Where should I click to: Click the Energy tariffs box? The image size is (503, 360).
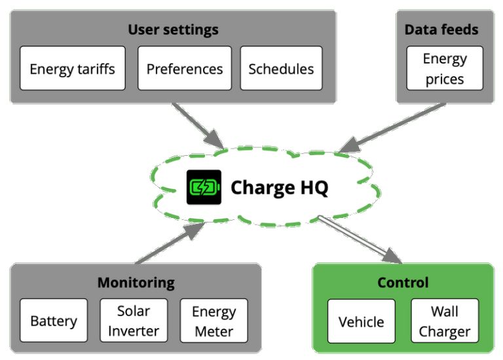72,68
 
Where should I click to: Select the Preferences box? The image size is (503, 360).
184,68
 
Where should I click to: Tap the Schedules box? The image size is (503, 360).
281,68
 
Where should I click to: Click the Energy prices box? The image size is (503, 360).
444,69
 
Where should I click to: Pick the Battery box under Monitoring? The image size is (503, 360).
54,321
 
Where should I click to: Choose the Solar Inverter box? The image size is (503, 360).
134,321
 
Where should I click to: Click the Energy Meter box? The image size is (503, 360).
214,321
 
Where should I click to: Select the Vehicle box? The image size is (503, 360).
361,321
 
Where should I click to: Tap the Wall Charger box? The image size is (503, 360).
444,321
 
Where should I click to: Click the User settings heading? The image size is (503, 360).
173,29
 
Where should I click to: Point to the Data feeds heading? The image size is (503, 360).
441,29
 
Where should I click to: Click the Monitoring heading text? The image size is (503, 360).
136,283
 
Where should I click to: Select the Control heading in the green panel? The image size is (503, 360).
403,283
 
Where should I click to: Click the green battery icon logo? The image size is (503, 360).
204,187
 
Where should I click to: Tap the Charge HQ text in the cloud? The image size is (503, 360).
279,188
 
